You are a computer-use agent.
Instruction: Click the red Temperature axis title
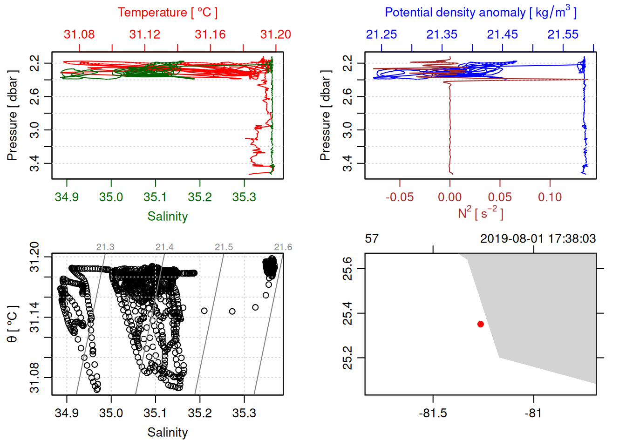[x=167, y=13]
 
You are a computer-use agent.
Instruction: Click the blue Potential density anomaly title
[x=480, y=13]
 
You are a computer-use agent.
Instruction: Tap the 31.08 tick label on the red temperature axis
[x=79, y=34]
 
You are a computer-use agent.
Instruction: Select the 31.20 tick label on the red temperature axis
[x=275, y=34]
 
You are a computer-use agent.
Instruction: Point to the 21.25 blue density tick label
[x=381, y=34]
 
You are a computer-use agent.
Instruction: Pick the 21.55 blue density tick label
[x=563, y=34]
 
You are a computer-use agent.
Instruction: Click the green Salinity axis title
[x=167, y=217]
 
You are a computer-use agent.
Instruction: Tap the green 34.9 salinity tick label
[x=67, y=197]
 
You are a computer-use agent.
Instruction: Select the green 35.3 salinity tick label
[x=244, y=197]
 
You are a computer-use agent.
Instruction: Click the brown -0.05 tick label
[x=399, y=197]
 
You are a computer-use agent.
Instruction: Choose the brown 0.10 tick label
[x=550, y=197]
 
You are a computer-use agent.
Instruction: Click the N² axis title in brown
[x=480, y=213]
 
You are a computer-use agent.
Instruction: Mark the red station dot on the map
[x=481, y=324]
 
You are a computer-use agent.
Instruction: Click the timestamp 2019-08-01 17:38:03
[x=538, y=239]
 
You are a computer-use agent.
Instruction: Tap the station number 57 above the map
[x=372, y=239]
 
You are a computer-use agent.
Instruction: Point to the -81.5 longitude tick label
[x=433, y=413]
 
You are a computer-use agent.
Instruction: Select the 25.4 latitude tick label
[x=347, y=313]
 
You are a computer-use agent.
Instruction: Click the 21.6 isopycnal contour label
[x=283, y=247]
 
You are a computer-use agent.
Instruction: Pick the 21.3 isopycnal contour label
[x=105, y=247]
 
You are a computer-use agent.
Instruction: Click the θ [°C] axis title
[x=13, y=324]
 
